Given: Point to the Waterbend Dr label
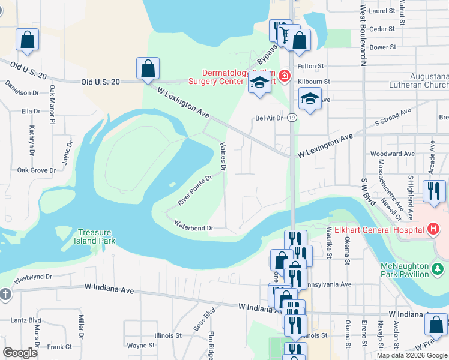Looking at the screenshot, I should tap(193, 228).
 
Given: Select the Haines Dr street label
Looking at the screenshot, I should tap(223, 157).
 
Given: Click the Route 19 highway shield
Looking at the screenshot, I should tap(291, 118).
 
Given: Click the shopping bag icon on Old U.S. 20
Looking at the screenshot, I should tap(148, 69).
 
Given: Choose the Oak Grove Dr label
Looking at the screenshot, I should tap(36, 170).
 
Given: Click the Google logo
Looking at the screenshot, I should tap(20, 353).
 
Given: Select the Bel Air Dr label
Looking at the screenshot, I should tap(269, 118).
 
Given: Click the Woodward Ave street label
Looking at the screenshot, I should tap(393, 154).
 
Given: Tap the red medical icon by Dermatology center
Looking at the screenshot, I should tap(283, 77).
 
